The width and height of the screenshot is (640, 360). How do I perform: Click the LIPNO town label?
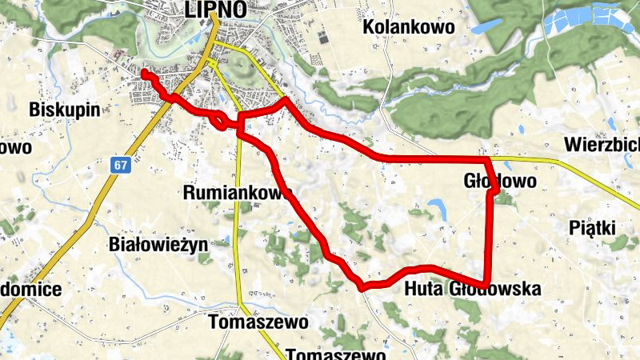point(214,10)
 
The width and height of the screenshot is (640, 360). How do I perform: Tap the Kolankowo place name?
point(408,27)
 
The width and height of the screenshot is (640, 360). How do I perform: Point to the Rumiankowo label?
point(237,193)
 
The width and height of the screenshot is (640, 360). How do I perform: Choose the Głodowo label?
point(500,182)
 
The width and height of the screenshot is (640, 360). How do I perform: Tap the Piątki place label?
point(591,228)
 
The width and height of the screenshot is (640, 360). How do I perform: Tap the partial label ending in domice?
point(30,289)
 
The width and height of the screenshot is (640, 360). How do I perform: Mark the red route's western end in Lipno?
point(144,73)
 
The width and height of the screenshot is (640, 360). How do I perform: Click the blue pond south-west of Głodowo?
point(437,209)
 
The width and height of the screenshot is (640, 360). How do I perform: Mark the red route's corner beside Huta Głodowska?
point(486,284)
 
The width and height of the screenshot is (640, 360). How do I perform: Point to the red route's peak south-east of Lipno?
point(286,100)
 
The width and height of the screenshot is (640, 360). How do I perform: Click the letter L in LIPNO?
point(190,10)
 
